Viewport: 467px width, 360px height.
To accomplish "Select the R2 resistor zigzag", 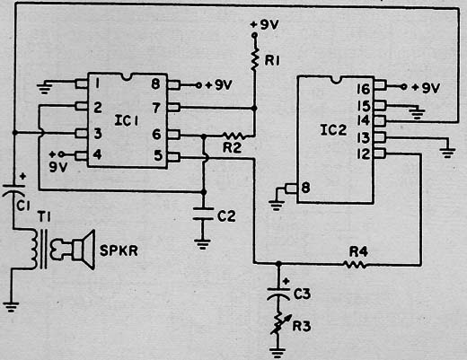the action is [x=234, y=136].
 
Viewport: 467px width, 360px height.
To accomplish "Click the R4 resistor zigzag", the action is [x=355, y=265].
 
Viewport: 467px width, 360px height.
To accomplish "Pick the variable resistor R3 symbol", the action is [x=278, y=323].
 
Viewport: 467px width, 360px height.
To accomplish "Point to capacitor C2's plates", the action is [x=203, y=214].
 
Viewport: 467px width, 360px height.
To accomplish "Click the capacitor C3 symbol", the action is [x=278, y=294].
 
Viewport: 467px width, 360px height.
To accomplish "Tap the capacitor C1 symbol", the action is [x=13, y=190].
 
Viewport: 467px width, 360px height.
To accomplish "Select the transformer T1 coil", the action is [x=35, y=249].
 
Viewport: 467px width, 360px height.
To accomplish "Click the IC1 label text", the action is [x=127, y=120].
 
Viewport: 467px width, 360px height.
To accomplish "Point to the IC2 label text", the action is [x=333, y=130].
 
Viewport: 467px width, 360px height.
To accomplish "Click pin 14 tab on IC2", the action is [x=380, y=121].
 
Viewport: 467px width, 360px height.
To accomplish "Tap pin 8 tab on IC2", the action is [x=291, y=189].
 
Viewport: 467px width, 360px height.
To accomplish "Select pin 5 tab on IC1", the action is [x=174, y=157].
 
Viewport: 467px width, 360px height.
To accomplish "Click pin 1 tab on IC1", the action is [x=81, y=84].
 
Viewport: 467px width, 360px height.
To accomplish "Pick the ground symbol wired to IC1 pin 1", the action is [x=44, y=89].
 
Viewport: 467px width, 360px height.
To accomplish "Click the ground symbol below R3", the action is [x=278, y=353].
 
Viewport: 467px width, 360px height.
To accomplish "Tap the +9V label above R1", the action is [x=264, y=25].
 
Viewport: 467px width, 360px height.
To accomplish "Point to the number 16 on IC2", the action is [x=364, y=89].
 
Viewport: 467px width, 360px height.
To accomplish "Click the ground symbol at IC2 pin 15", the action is [x=417, y=113].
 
